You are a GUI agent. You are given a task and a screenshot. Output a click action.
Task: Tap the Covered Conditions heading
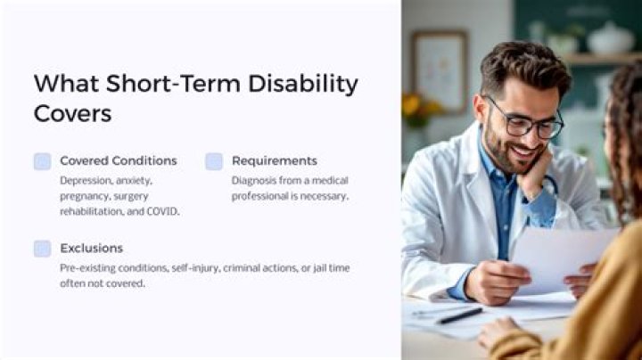(x=118, y=160)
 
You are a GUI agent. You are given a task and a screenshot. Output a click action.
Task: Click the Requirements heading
(x=274, y=160)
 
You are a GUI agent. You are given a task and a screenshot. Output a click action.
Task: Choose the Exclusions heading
(x=91, y=248)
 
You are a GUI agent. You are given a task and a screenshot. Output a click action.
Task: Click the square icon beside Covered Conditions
(x=42, y=161)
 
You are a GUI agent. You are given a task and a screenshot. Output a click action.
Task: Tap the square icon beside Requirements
(x=214, y=161)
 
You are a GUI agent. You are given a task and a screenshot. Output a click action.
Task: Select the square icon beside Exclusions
(x=42, y=249)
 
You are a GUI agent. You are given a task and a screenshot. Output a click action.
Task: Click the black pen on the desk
(x=459, y=315)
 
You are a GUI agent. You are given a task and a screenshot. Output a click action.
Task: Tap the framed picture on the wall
(x=439, y=72)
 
